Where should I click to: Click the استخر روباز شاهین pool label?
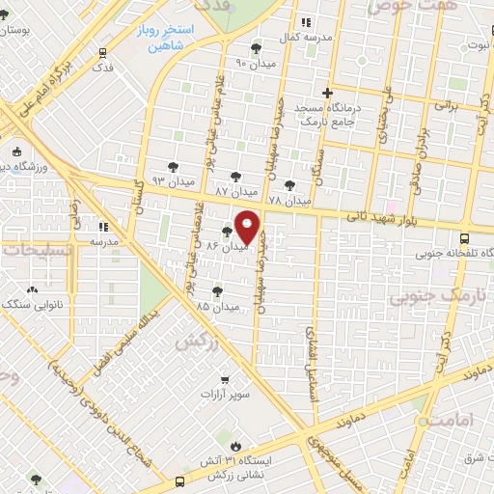tap(174, 38)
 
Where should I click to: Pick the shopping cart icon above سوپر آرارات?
tap(224, 379)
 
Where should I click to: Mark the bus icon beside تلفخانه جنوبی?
tap(465, 237)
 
